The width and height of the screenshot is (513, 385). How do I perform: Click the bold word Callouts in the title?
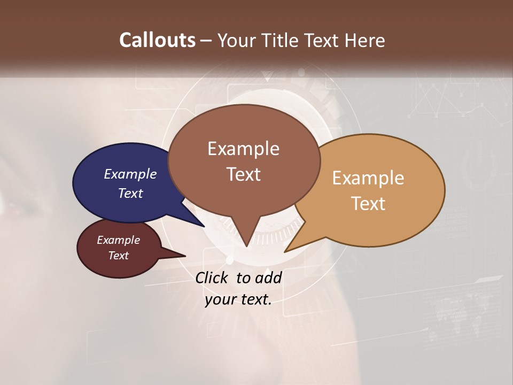pos(157,40)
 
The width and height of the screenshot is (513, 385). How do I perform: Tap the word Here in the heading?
pos(365,40)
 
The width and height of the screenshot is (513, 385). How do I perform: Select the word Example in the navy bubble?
pos(130,174)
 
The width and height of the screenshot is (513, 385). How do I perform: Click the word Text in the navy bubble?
pos(130,193)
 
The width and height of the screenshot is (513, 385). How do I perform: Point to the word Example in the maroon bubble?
pos(118,240)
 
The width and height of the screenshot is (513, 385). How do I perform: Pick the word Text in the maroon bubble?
pos(118,256)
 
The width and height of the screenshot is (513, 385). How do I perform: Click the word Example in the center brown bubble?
pos(243,149)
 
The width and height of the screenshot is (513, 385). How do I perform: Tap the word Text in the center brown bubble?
pos(243,174)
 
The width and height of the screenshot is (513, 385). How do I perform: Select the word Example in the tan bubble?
pos(368,178)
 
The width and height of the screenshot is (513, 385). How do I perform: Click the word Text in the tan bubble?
pos(368,204)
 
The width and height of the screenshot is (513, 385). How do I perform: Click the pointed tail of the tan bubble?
pos(291,247)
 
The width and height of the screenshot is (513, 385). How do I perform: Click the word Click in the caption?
pos(212,278)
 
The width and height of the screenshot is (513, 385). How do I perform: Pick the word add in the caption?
pos(267,278)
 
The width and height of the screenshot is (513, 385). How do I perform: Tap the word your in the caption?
pos(220,299)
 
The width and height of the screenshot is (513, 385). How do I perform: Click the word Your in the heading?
pos(237,40)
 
